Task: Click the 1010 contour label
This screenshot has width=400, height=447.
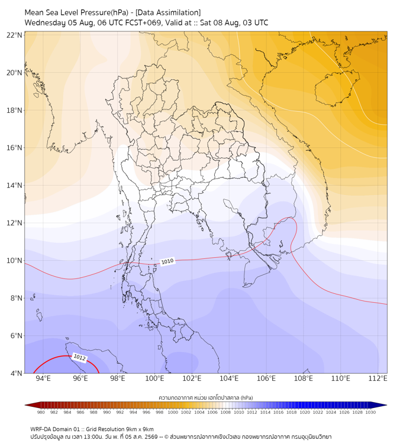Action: [167, 261]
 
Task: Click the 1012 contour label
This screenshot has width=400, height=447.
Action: [79, 357]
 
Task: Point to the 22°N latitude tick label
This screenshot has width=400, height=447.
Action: [14, 35]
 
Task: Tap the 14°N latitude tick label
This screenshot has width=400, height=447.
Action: [14, 185]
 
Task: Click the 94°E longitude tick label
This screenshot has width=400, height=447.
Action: [43, 378]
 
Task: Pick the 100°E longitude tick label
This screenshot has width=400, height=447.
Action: [154, 378]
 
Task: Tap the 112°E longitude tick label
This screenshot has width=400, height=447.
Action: [378, 378]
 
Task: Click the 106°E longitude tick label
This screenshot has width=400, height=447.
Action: [266, 378]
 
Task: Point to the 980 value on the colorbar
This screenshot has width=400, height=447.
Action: [41, 412]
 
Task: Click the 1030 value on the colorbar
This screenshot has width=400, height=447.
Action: [370, 412]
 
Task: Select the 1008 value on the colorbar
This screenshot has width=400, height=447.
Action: [225, 412]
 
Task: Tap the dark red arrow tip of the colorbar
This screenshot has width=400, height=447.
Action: [25, 405]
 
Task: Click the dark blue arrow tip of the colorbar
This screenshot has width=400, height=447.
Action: [386, 405]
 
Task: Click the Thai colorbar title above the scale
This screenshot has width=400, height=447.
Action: [206, 397]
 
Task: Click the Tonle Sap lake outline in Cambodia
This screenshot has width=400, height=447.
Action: [232, 206]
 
